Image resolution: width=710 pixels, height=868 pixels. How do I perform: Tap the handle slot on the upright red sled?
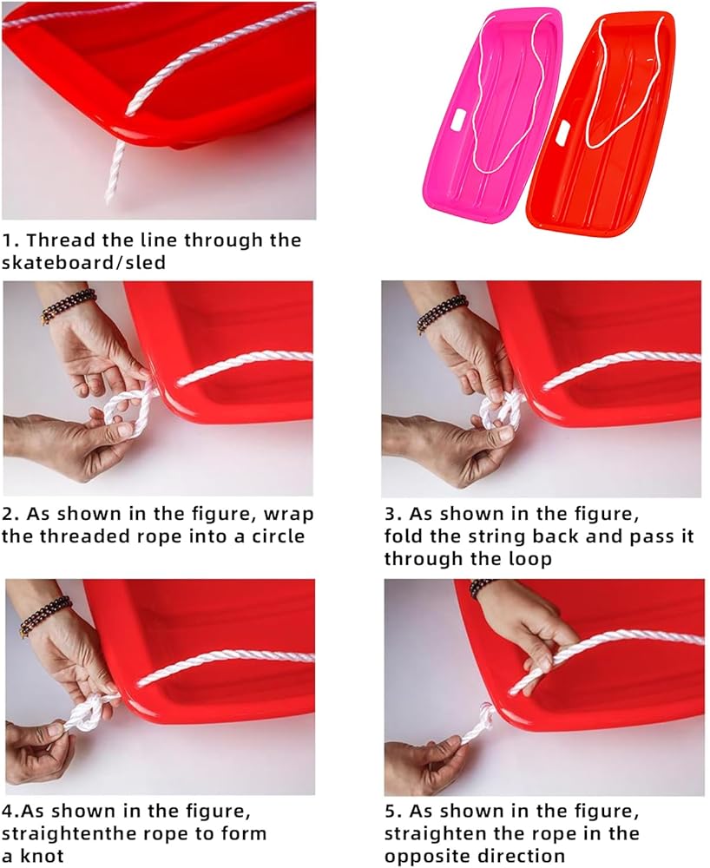(x=562, y=132)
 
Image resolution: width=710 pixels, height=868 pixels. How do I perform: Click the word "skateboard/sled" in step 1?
(x=83, y=262)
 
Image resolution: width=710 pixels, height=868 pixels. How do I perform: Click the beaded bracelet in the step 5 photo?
(x=483, y=588)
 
